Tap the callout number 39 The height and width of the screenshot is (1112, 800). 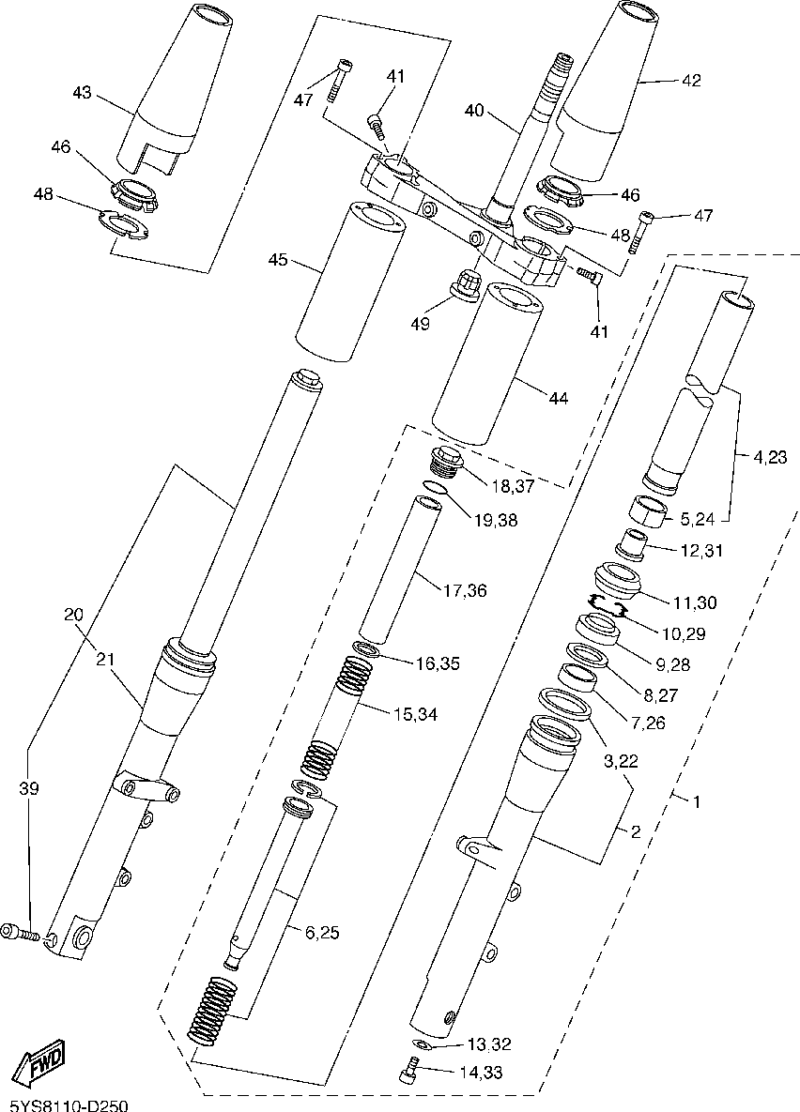29,789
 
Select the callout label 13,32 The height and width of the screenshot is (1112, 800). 489,1044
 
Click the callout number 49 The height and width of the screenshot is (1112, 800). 420,324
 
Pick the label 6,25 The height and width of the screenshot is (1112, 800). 311,932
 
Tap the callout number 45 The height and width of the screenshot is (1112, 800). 278,259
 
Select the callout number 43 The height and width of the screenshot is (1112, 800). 83,92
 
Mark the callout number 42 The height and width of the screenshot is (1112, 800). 691,81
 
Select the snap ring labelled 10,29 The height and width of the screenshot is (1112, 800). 608,606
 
